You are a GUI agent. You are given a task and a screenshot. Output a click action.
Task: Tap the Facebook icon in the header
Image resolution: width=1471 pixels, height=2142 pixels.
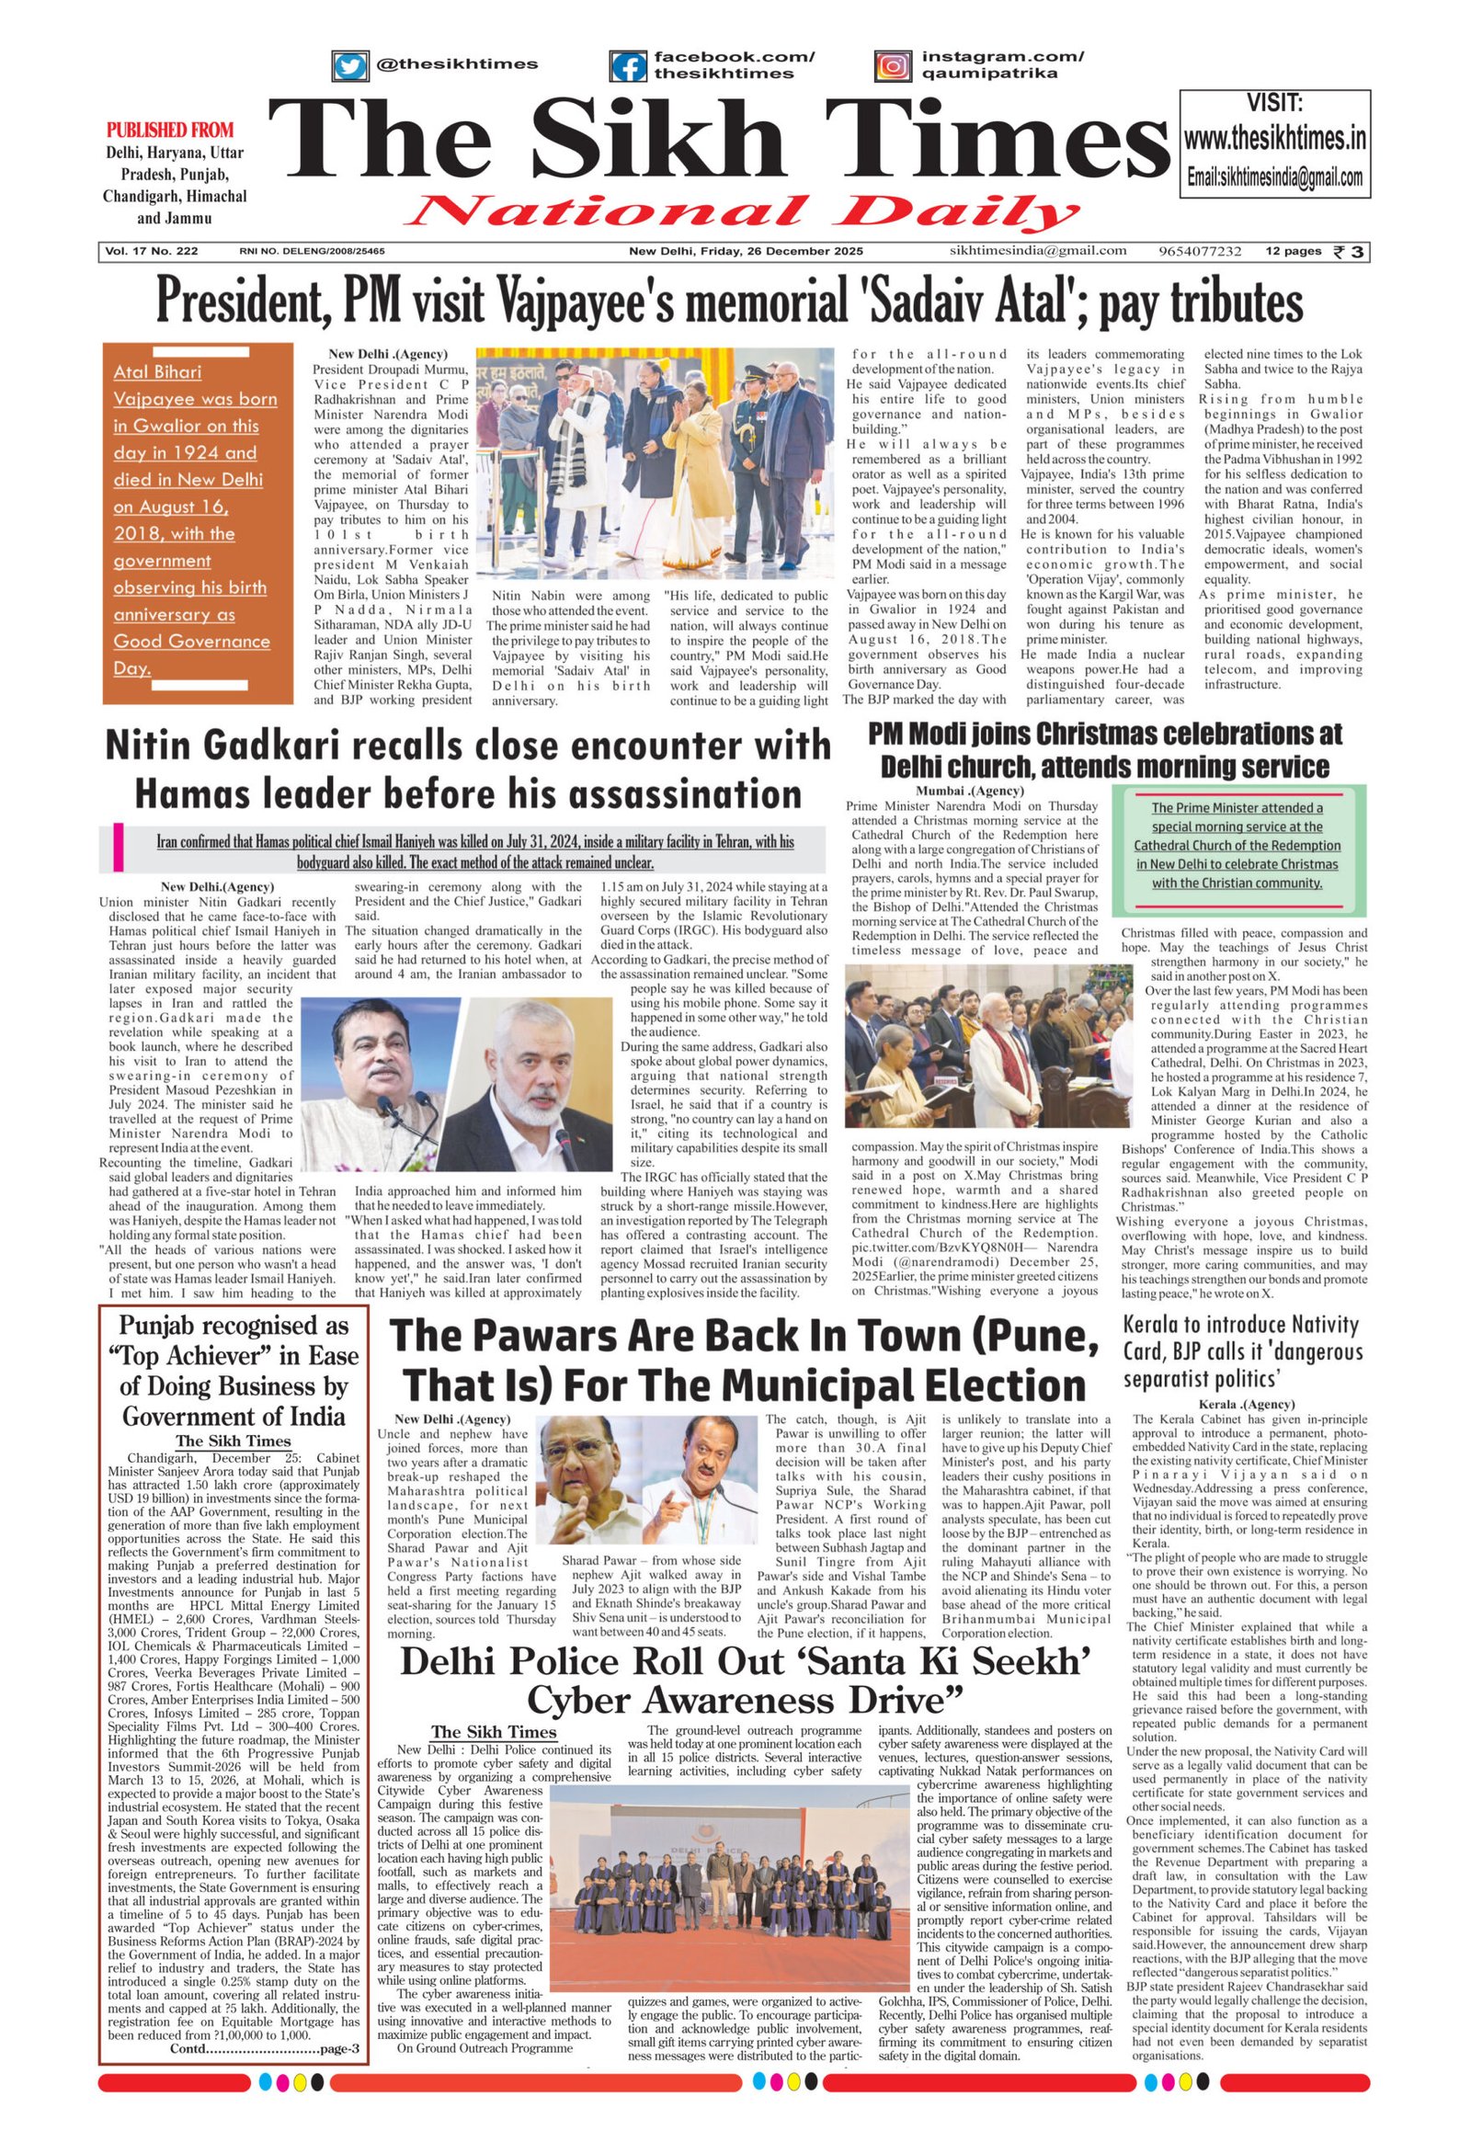pos(628,66)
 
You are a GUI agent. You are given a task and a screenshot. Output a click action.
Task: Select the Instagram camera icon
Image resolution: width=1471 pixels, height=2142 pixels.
pos(892,66)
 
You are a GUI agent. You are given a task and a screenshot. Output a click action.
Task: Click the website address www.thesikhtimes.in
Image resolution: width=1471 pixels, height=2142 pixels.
pos(1274,139)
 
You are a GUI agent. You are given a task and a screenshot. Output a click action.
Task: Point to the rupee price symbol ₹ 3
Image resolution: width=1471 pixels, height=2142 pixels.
pos(1349,252)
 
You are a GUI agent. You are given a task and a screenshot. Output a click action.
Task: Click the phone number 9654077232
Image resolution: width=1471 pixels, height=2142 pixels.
pos(1199,252)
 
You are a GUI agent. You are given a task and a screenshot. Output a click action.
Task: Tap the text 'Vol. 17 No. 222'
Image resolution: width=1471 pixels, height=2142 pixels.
pos(151,252)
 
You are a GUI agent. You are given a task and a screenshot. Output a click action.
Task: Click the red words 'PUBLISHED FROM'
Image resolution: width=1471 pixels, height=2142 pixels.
pos(169,130)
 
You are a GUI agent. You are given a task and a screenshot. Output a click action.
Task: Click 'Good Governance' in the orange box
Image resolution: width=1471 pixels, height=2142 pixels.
pos(192,642)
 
